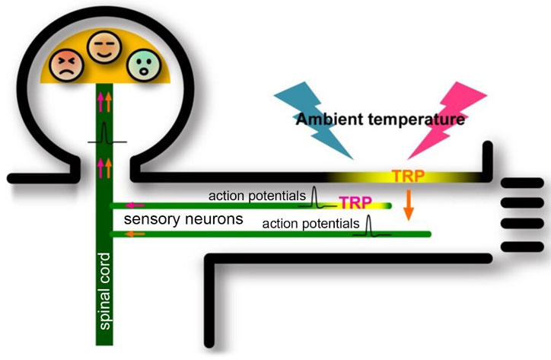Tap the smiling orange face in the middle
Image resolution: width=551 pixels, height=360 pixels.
102,49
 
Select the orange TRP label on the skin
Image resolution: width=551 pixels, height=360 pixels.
408,176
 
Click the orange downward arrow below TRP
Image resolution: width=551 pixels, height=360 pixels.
408,206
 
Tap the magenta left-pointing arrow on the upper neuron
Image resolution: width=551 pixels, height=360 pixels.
134,205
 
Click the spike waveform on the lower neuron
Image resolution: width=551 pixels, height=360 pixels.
371,226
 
